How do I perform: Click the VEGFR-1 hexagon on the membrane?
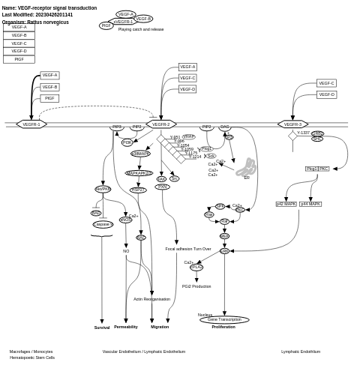coord(31,124)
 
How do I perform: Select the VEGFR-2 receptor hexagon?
coord(161,124)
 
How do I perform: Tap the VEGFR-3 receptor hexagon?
coord(292,124)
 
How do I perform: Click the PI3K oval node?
coord(127,142)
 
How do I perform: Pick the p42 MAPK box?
coord(286,204)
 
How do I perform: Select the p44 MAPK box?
coord(310,204)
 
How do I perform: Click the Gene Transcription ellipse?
coord(224,320)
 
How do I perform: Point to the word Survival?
coord(102,328)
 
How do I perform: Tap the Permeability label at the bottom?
coord(126,327)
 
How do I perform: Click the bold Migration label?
coord(160,327)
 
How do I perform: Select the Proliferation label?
coord(223,327)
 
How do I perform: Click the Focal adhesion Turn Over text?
coord(188,249)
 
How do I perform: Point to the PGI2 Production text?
coord(196,286)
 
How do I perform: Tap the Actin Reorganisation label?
coord(152,299)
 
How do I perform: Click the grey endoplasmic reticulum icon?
coord(246,167)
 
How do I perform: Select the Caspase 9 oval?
coord(103,224)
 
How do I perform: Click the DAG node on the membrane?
coord(225,127)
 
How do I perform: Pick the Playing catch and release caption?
coord(141,29)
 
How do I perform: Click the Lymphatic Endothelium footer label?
coord(301,352)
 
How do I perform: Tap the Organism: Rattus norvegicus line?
coord(35,22)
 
